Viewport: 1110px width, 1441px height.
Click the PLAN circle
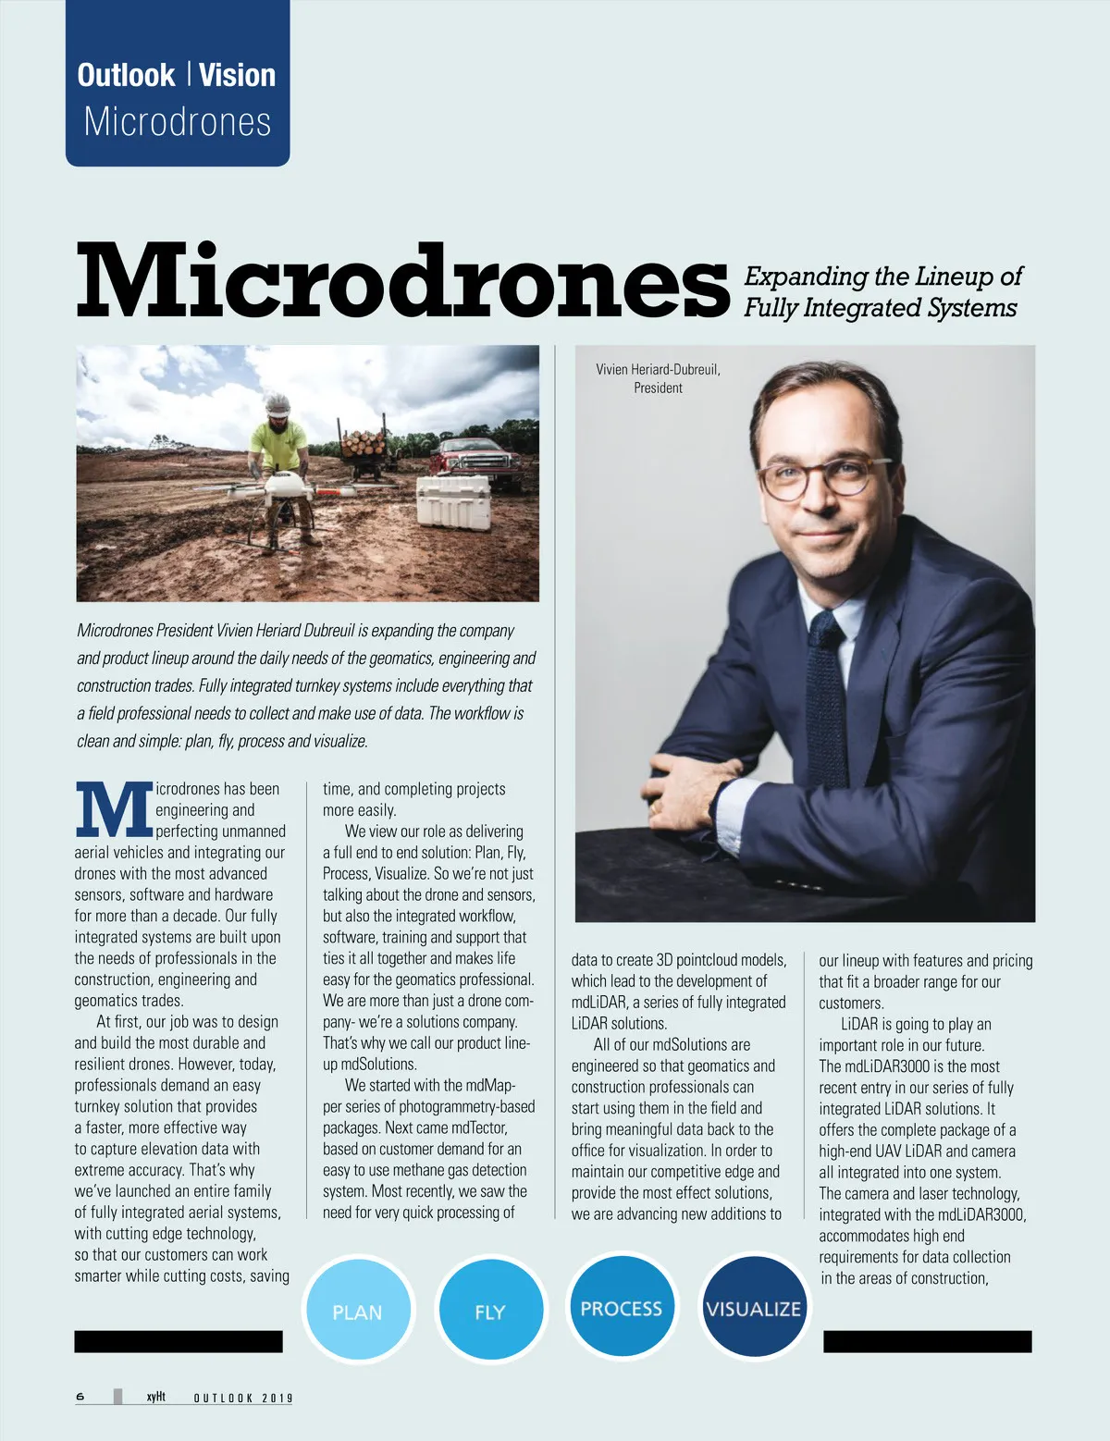pyautogui.click(x=358, y=1311)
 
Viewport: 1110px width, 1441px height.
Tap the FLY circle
pyautogui.click(x=489, y=1311)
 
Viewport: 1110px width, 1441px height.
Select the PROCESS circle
pyautogui.click(x=622, y=1306)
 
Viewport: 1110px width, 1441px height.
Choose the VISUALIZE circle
pyautogui.click(x=753, y=1307)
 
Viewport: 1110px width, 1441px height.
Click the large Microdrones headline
pyautogui.click(x=402, y=280)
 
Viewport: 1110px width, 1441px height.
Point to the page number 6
pyautogui.click(x=80, y=1397)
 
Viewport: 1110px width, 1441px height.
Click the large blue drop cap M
pyautogui.click(x=113, y=809)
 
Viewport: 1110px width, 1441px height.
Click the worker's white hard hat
pyautogui.click(x=277, y=404)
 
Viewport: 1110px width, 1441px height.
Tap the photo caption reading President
pyautogui.click(x=658, y=388)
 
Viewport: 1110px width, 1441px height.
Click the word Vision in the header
pyautogui.click(x=237, y=75)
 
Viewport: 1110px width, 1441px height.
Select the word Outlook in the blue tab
pyautogui.click(x=126, y=75)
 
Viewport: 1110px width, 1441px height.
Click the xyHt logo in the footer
pyautogui.click(x=155, y=1397)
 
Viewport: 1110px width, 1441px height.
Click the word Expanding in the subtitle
pyautogui.click(x=804, y=277)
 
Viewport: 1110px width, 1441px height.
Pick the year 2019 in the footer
pyautogui.click(x=277, y=1398)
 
